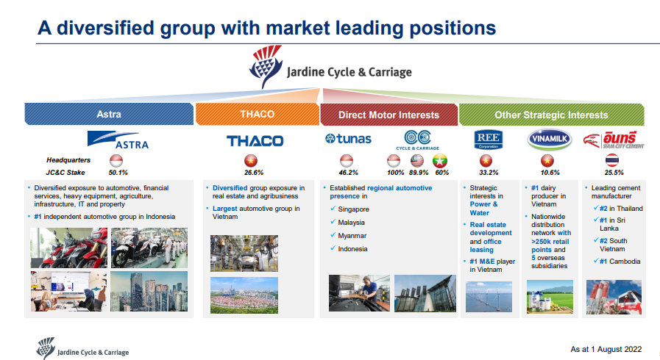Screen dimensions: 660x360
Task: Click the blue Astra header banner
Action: coord(109,115)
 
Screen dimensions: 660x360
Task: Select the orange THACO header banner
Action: coord(258,115)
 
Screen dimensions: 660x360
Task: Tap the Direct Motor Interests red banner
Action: coord(389,115)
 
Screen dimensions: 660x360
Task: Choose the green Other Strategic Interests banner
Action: coord(551,115)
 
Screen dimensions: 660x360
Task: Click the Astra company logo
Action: coord(118,140)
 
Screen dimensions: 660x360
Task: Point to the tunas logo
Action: coord(348,139)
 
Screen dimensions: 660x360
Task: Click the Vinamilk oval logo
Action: coord(550,139)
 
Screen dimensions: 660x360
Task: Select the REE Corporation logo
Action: coord(489,140)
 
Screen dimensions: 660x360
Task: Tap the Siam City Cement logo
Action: coord(614,140)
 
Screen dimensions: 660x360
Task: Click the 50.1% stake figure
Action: coord(118,173)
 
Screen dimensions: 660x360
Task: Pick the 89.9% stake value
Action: coord(419,173)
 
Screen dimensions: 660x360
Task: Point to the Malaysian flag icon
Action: coord(417,160)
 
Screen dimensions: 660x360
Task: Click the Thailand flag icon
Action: coord(612,160)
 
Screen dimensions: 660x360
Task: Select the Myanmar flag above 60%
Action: coord(440,160)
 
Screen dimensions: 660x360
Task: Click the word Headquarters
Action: coord(68,160)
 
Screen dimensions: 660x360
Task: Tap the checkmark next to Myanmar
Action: coord(333,235)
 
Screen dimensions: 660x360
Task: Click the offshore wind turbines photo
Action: coord(489,297)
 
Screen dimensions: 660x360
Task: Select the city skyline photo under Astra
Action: coord(149,291)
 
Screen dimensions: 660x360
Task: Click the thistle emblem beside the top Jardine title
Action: coord(266,67)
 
